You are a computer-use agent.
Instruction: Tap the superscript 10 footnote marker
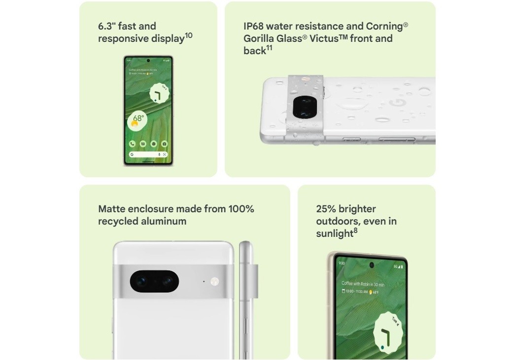189,35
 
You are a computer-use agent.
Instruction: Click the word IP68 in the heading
255,27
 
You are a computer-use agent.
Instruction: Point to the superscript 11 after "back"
270,48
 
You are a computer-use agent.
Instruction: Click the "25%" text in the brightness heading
326,209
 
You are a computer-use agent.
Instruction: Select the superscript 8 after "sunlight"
355,230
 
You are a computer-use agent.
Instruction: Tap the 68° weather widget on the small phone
138,120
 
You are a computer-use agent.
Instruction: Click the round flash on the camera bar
214,282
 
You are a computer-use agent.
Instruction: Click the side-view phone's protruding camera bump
254,281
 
